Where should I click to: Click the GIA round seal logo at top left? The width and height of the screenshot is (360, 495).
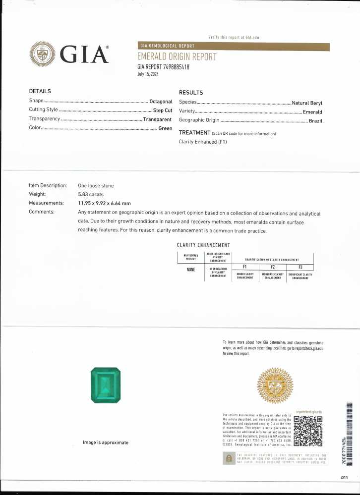click(x=43, y=54)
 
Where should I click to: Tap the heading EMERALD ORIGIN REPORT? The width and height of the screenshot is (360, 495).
click(x=177, y=57)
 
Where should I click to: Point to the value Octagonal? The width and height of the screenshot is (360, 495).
click(x=161, y=101)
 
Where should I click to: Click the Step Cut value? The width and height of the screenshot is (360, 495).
click(x=163, y=110)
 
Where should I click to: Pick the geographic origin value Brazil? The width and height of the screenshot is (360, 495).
click(x=315, y=121)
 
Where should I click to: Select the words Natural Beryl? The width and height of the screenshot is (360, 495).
click(x=307, y=103)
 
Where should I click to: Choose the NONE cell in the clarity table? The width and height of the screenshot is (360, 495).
click(x=190, y=270)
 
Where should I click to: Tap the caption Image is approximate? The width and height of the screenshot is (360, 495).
click(x=106, y=442)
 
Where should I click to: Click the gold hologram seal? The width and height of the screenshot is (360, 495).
click(x=274, y=388)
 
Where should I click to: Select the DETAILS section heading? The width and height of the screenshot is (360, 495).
click(x=40, y=91)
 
